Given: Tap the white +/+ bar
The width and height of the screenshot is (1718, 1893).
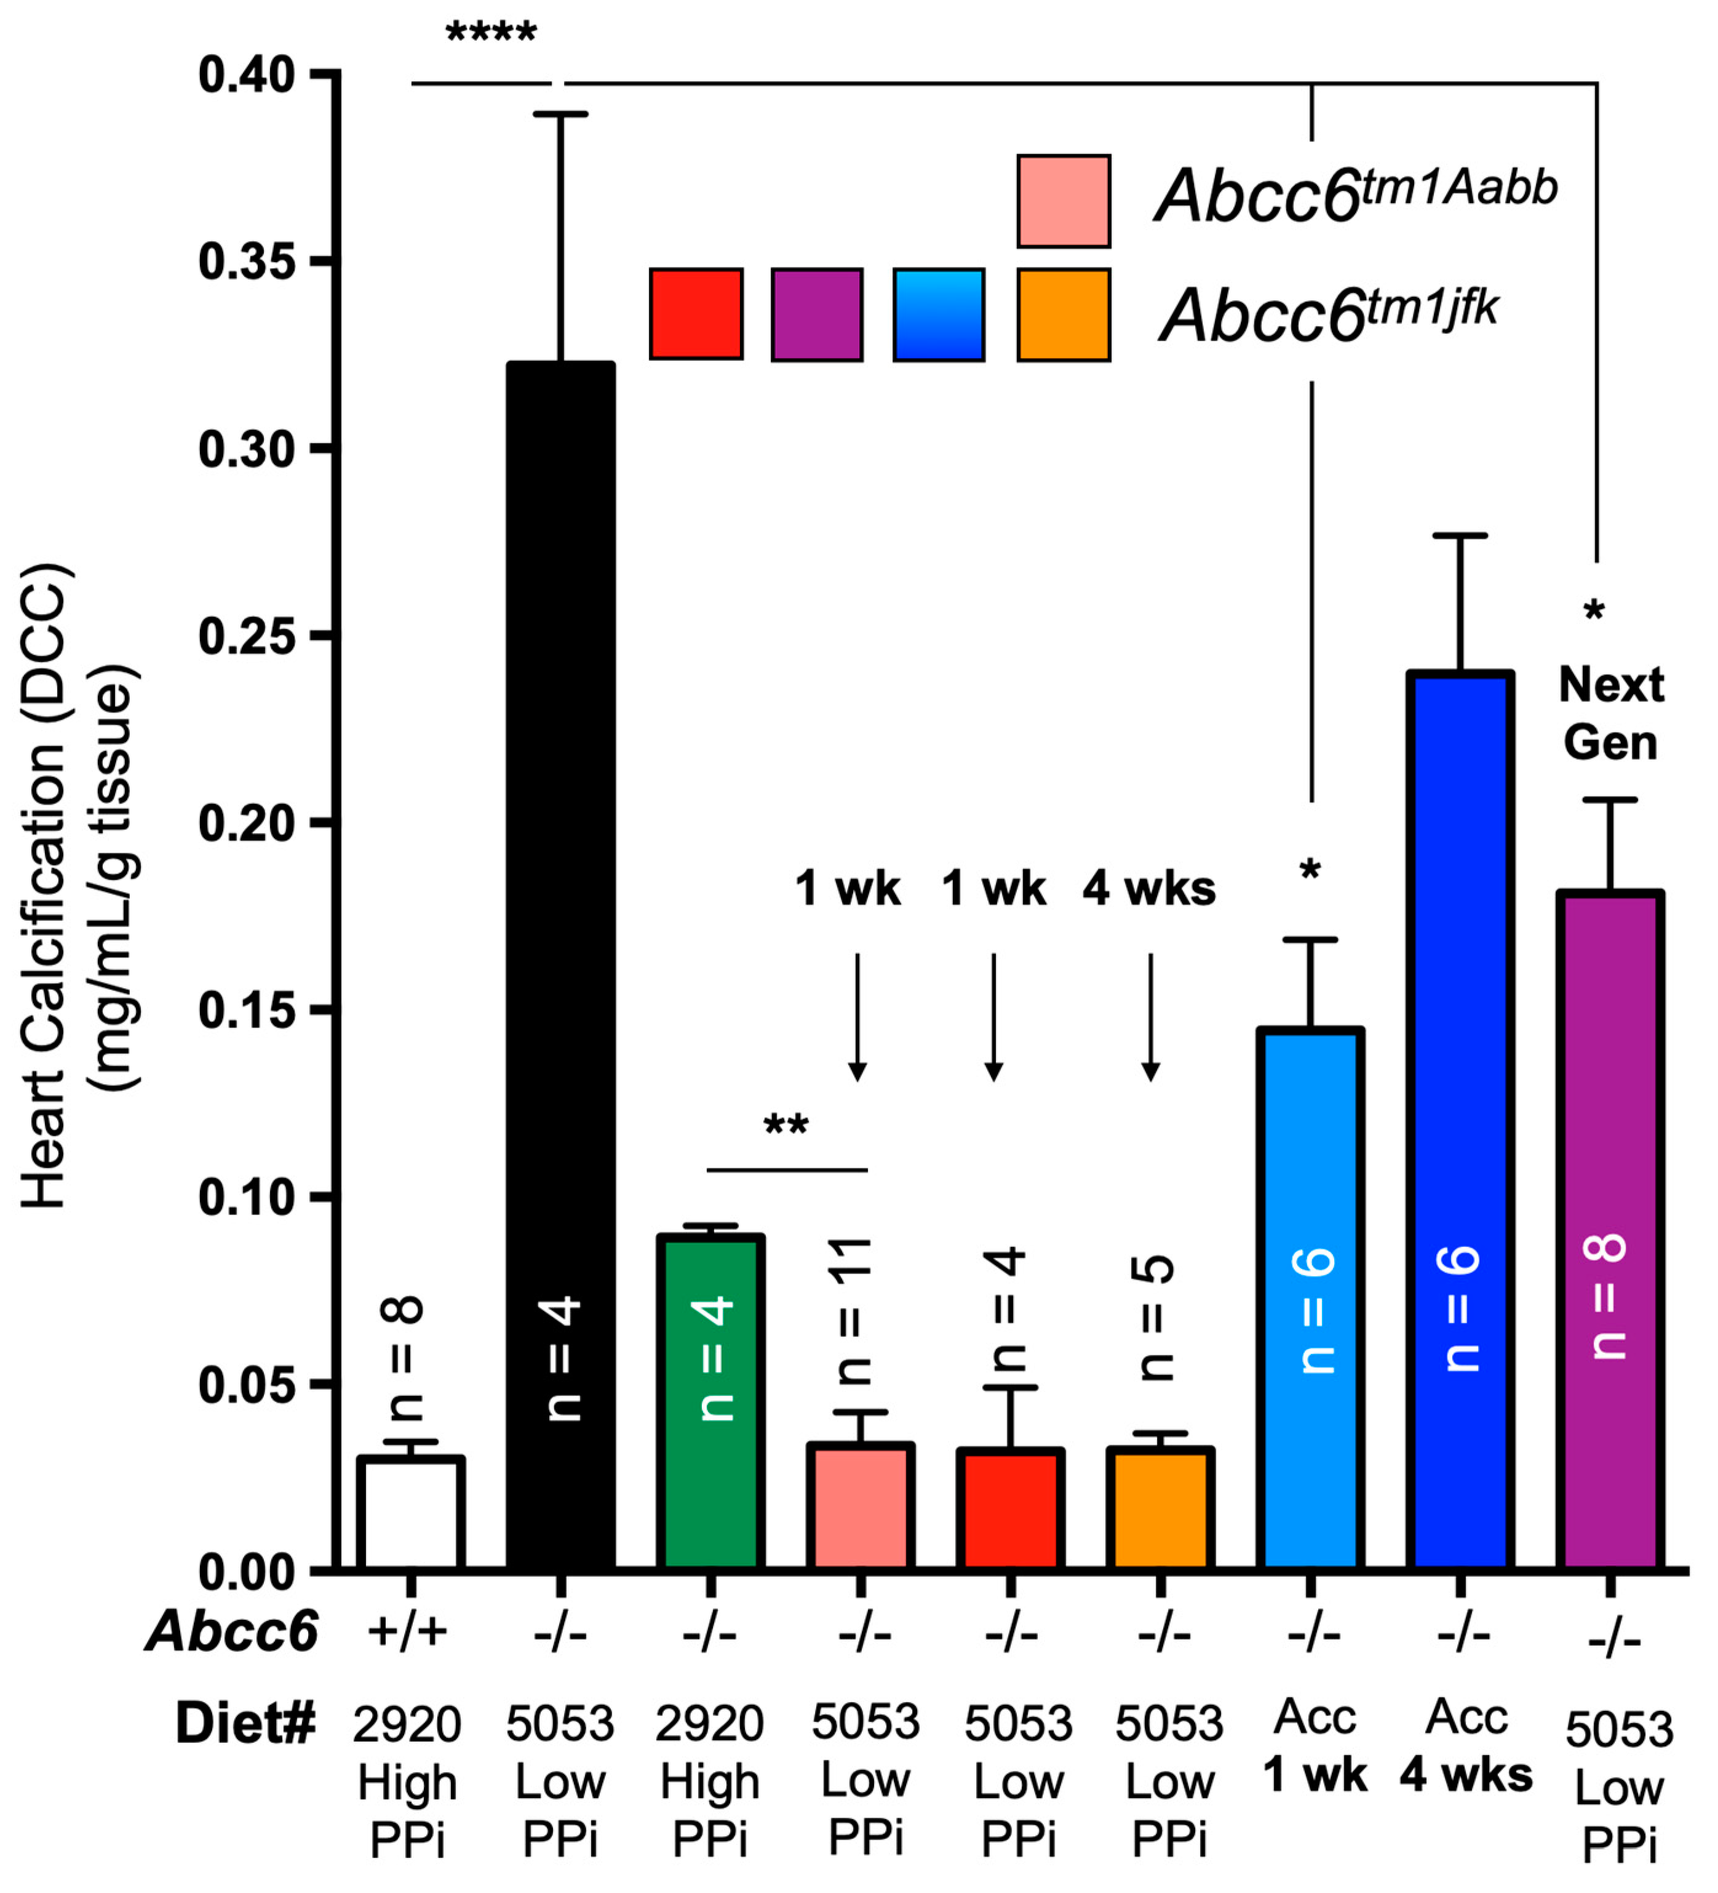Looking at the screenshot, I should click(410, 1512).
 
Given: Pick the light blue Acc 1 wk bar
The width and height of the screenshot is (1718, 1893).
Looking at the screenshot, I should click(1311, 1296).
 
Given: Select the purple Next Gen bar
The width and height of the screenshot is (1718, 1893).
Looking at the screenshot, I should click(1610, 1230).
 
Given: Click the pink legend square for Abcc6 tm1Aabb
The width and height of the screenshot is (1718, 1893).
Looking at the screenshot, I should click(1064, 201).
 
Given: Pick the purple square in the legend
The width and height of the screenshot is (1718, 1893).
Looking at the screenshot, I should click(817, 314).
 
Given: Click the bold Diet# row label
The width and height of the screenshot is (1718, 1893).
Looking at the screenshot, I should click(246, 1723).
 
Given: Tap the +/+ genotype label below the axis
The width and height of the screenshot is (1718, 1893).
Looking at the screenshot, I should click(407, 1632).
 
